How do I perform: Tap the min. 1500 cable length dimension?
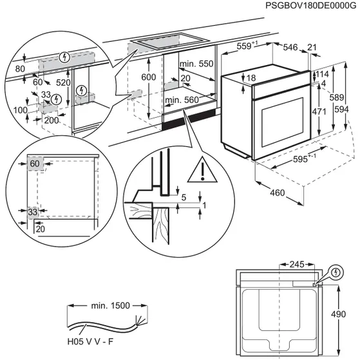pyautogui.click(x=108, y=305)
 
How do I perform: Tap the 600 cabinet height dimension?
pyautogui.click(x=148, y=77)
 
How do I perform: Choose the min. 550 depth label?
pyautogui.click(x=196, y=64)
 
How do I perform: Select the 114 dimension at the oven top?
pyautogui.click(x=323, y=75)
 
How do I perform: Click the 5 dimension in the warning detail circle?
pyautogui.click(x=183, y=198)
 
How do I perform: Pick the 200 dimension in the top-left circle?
pyautogui.click(x=52, y=120)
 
